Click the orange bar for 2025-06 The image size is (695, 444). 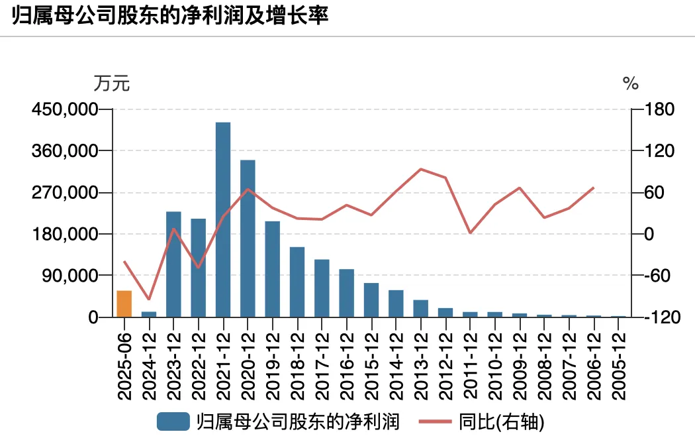pos(124,304)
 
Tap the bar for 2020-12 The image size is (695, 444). pos(248,239)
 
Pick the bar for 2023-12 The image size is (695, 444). pos(173,264)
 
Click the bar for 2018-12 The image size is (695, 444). pos(297,282)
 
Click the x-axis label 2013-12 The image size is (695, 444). pos(421,362)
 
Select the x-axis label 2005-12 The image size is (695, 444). pos(619,362)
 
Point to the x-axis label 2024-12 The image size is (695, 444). pos(149,362)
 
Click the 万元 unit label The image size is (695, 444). pos(112,84)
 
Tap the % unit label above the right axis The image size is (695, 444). pos(631,84)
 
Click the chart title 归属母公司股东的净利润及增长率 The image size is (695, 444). pos(170,16)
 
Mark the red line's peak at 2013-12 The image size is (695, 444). pos(421,169)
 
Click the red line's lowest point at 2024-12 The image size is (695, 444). pos(149,300)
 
